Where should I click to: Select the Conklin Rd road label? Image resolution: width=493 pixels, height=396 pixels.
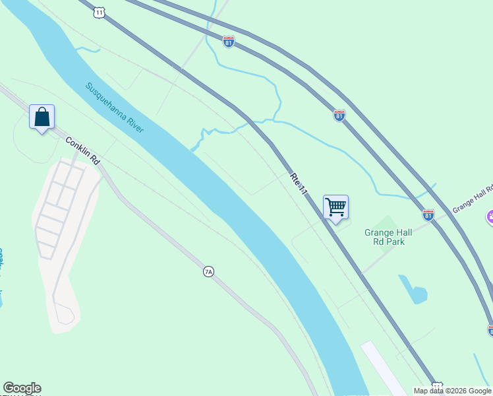pyautogui.click(x=82, y=150)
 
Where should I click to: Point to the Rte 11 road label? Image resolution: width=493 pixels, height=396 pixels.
pyautogui.click(x=299, y=183)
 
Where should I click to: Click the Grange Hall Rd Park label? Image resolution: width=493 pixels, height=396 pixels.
pyautogui.click(x=389, y=237)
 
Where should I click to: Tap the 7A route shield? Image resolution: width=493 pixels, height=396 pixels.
pyautogui.click(x=208, y=271)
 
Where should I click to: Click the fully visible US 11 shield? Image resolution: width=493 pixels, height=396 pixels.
pyautogui.click(x=99, y=12)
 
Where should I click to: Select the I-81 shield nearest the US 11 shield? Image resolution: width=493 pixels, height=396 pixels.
pyautogui.click(x=228, y=41)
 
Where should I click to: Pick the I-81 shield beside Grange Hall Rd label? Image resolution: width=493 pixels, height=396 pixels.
pyautogui.click(x=428, y=214)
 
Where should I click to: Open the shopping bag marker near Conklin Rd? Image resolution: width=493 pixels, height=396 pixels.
pyautogui.click(x=42, y=117)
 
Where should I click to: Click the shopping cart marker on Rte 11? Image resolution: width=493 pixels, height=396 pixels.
pyautogui.click(x=335, y=208)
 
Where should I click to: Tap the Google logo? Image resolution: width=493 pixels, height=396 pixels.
pyautogui.click(x=22, y=388)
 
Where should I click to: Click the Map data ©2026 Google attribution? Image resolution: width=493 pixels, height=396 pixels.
pyautogui.click(x=453, y=391)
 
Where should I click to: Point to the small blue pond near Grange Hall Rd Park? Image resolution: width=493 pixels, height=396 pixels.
pyautogui.click(x=413, y=290)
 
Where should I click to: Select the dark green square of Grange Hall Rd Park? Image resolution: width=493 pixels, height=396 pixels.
pyautogui.click(x=388, y=223)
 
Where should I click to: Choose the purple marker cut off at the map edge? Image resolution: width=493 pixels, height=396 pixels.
pyautogui.click(x=490, y=216)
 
